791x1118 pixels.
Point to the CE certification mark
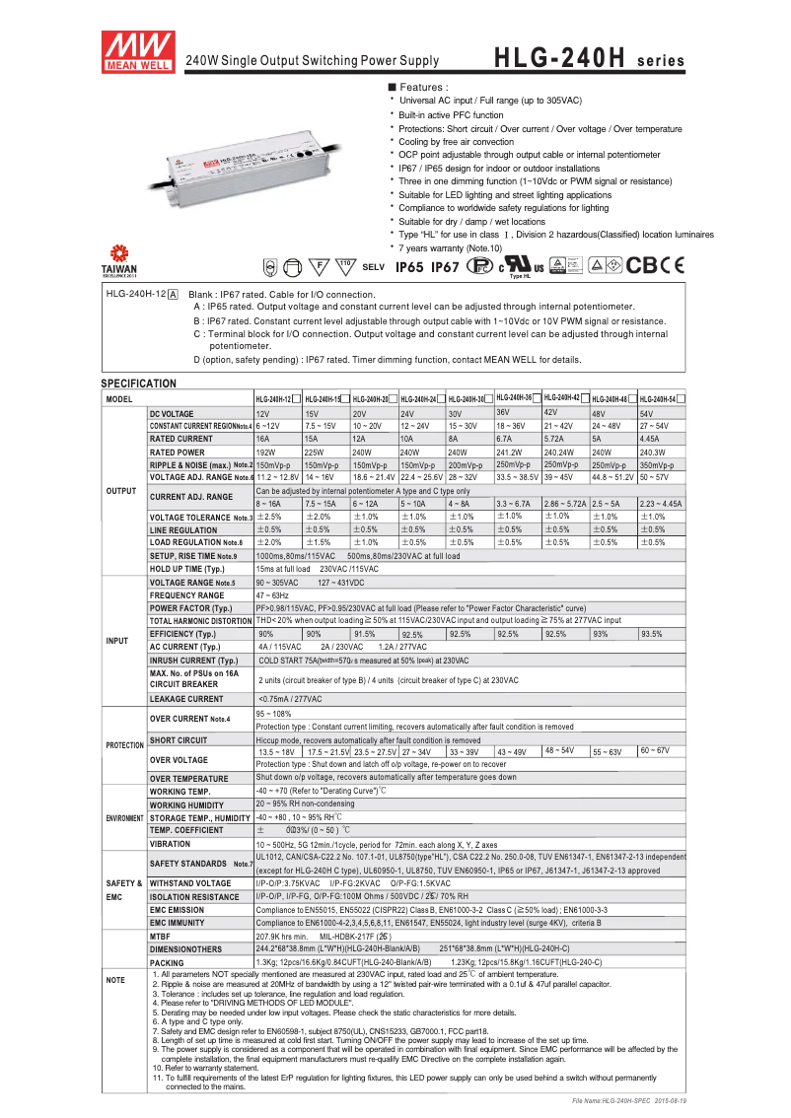671,265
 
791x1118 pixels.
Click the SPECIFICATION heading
139,384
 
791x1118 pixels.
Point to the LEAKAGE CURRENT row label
186,699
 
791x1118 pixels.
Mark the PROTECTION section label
125,745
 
